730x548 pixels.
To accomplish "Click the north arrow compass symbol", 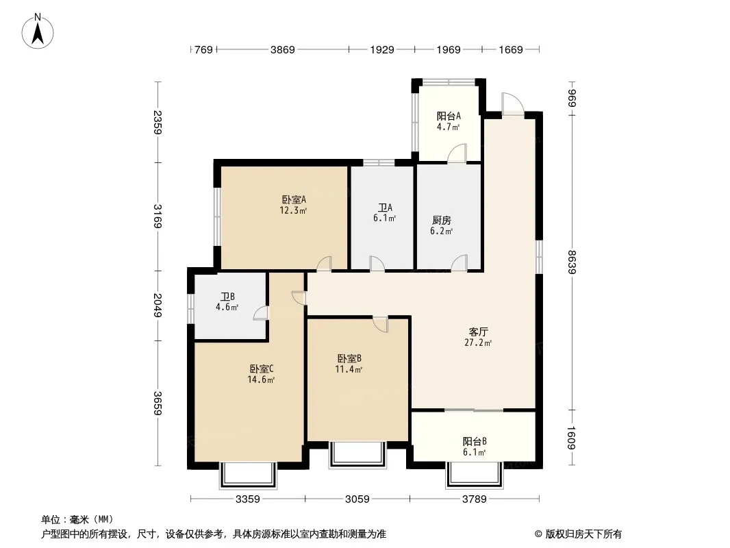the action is click(x=38, y=32).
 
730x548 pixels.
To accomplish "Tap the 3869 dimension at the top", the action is click(x=283, y=49).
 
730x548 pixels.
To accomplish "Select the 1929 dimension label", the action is click(x=382, y=49).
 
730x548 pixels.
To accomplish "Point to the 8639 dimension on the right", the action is click(x=572, y=262).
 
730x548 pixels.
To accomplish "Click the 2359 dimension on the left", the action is click(x=158, y=122).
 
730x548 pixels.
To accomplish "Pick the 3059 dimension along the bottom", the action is click(x=357, y=499).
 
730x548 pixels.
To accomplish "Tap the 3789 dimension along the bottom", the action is click(x=474, y=499).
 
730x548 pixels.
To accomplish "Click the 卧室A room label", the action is click(x=294, y=200).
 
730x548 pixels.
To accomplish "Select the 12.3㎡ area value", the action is click(x=293, y=210).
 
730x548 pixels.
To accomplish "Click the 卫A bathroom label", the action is click(x=385, y=208).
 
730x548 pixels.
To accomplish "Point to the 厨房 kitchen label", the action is click(x=441, y=220).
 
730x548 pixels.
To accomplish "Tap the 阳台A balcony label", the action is click(x=449, y=116).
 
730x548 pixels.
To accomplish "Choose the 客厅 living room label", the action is click(x=478, y=332).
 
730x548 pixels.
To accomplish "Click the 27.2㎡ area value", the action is click(x=478, y=342).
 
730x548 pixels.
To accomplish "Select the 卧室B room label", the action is click(x=349, y=358).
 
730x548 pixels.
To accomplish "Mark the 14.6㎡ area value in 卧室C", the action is click(x=261, y=379).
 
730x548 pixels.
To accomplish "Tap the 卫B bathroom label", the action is click(x=227, y=297).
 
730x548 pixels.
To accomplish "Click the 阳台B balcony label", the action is click(x=475, y=441).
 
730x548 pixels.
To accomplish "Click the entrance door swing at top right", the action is click(x=512, y=103).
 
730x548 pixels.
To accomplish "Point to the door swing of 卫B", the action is click(x=261, y=313).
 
